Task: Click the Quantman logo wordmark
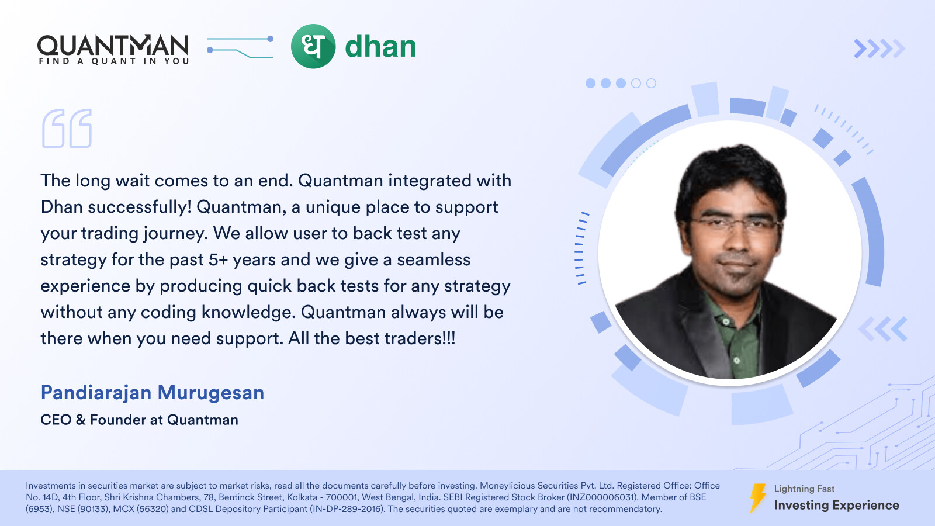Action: click(x=113, y=46)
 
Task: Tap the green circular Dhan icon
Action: click(x=313, y=46)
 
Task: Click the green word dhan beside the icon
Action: click(x=380, y=46)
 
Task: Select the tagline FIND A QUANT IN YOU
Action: click(x=114, y=61)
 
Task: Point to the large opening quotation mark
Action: click(x=67, y=129)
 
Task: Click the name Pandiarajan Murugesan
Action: click(x=153, y=393)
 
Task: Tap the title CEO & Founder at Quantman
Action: click(x=140, y=420)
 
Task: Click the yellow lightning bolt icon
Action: click(x=758, y=498)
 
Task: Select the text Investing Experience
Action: click(x=836, y=506)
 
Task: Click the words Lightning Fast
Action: click(x=804, y=489)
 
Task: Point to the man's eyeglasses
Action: click(x=736, y=226)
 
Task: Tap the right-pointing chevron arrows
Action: click(x=879, y=49)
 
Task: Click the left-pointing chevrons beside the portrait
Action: click(x=883, y=329)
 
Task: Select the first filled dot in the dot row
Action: click(x=590, y=84)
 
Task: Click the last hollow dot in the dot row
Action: click(x=651, y=84)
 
